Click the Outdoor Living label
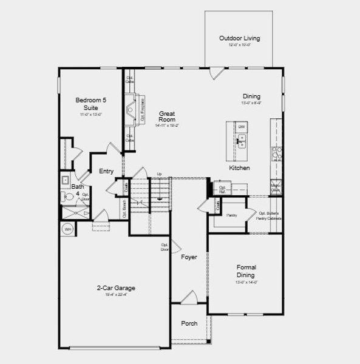pos(239,38)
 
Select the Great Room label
pos(167,116)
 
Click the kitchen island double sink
pos(242,142)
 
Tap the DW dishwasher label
pos(241,127)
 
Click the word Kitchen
pos(239,167)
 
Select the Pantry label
pos(231,215)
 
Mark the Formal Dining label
pos(246,271)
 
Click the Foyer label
pos(189,257)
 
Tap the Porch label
pos(189,323)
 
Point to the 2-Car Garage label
pos(115,288)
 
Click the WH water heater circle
pos(67,229)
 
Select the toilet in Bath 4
pos(66,196)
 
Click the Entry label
pos(106,171)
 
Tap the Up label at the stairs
pos(159,175)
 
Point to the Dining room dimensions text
pos(251,103)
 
